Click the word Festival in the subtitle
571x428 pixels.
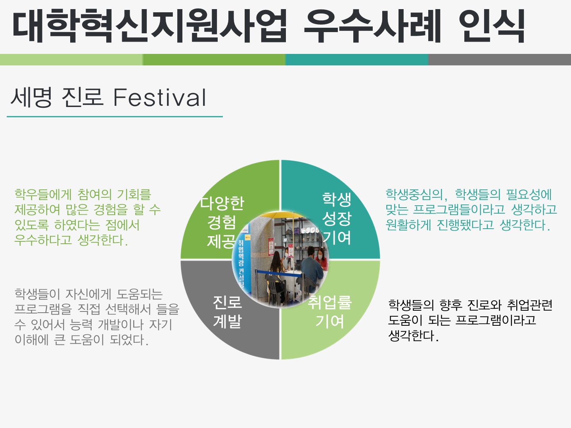[160, 97]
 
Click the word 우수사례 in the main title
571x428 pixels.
[372, 25]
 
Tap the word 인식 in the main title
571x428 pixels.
[492, 25]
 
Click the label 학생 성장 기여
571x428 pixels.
[337, 218]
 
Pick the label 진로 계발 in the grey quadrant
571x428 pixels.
[227, 311]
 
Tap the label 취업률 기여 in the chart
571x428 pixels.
[330, 311]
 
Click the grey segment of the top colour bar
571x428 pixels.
[500, 59]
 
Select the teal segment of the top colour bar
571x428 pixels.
[357, 59]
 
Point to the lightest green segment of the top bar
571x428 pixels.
[71, 59]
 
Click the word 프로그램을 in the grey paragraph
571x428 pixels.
[43, 309]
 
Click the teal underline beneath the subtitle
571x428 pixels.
[115, 117]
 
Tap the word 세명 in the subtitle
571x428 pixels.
[31, 97]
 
